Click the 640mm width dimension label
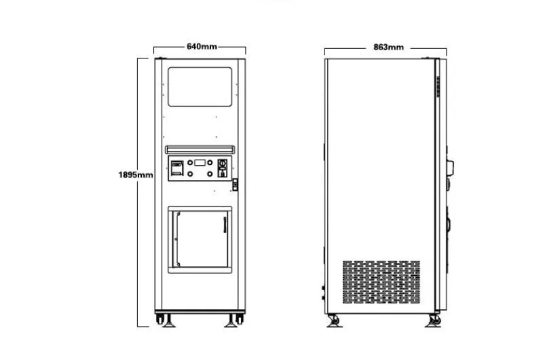click(202, 47)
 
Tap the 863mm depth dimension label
click(388, 47)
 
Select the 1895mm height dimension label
click(136, 175)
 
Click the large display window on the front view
click(200, 86)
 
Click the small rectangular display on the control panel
click(201, 162)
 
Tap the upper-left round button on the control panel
click(191, 163)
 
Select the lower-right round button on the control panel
click(210, 174)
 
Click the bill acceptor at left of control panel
click(176, 168)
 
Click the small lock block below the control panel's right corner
click(235, 184)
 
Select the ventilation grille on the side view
click(380, 282)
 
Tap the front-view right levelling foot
click(235, 321)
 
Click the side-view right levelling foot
click(432, 321)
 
